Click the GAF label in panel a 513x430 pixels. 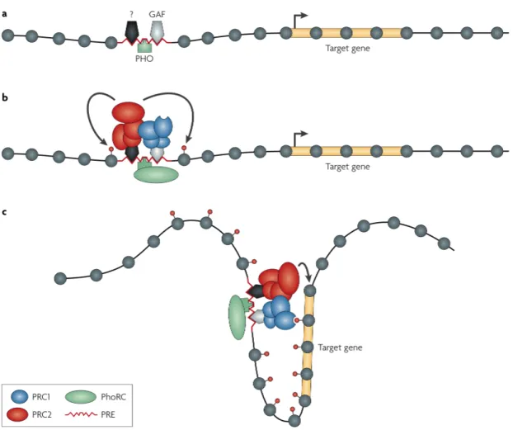(x=157, y=14)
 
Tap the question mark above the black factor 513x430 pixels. (x=131, y=14)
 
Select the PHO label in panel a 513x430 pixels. (x=144, y=59)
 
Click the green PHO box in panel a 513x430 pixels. (x=144, y=47)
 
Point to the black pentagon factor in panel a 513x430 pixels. (x=132, y=32)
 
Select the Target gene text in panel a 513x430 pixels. (x=348, y=49)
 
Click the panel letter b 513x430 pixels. (x=5, y=97)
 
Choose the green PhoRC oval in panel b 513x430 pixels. (x=157, y=174)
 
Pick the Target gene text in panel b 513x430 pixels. (x=348, y=167)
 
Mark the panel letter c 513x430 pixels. (x=4, y=212)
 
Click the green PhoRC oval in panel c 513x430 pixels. (x=238, y=317)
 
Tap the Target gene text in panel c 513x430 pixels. (x=341, y=347)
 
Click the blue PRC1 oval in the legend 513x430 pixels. (x=20, y=397)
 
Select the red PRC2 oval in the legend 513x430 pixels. (x=20, y=414)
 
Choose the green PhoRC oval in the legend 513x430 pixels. (x=81, y=397)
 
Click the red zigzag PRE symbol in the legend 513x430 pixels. (x=81, y=414)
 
